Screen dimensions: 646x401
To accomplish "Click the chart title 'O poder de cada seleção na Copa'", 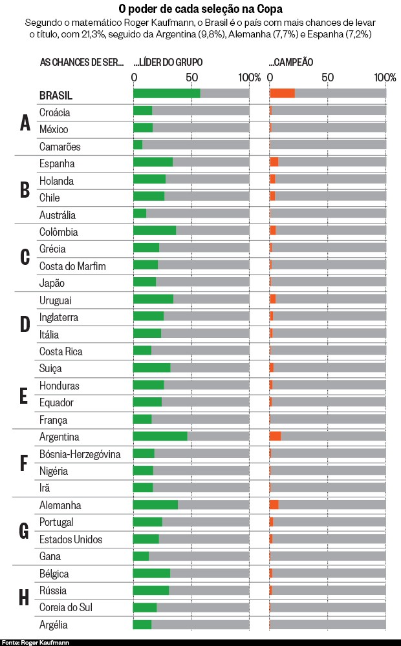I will tap(200, 9).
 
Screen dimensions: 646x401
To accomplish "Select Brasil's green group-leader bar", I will tap(166, 94).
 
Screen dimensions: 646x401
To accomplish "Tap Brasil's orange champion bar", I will tap(282, 94).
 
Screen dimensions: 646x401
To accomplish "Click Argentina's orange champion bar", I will tap(275, 437).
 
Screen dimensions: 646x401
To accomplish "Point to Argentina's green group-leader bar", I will tap(160, 437).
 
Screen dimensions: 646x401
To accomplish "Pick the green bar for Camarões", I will tap(138, 145).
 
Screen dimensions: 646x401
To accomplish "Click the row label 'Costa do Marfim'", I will tap(72, 266).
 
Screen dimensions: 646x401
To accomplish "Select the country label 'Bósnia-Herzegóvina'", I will tap(80, 454).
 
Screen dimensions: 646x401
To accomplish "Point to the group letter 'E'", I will tap(24, 395).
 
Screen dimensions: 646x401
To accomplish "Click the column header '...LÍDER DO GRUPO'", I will tap(168, 62).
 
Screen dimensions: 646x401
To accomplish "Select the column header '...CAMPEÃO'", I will tap(291, 62).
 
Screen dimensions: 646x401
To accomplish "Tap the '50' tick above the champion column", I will tap(327, 78).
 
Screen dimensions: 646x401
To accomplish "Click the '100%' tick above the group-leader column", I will tap(249, 78).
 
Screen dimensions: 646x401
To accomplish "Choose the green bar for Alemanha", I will tap(155, 505).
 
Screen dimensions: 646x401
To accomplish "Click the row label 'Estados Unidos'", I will tap(71, 539).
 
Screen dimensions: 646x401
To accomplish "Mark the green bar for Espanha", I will tap(153, 161).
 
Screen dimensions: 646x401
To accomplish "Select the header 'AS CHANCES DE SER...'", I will tap(81, 62).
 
